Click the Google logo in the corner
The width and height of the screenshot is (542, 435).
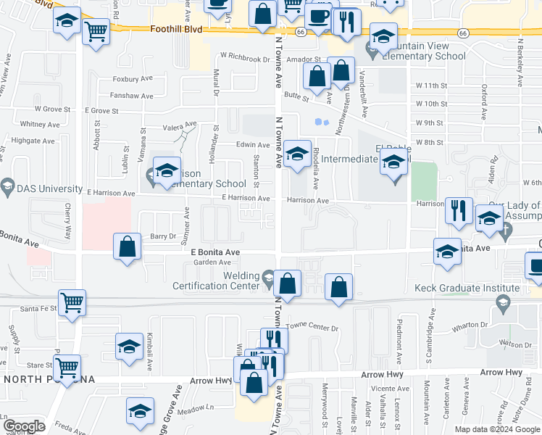pos(24,426)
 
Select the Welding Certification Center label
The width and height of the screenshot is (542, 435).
pos(220,281)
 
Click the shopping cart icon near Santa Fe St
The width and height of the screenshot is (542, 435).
pos(72,302)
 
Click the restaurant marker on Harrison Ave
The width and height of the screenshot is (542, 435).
pos(459,210)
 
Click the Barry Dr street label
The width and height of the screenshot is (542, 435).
pos(163,236)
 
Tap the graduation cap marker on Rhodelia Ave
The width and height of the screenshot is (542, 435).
pos(296,153)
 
